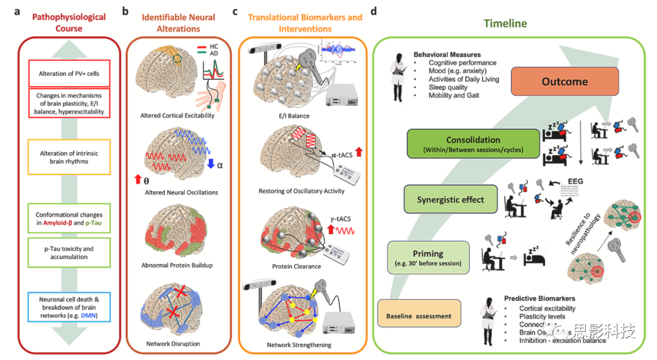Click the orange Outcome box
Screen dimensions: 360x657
(x=565, y=81)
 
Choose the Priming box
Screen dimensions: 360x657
(x=428, y=258)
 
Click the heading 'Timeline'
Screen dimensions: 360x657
(x=505, y=24)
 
